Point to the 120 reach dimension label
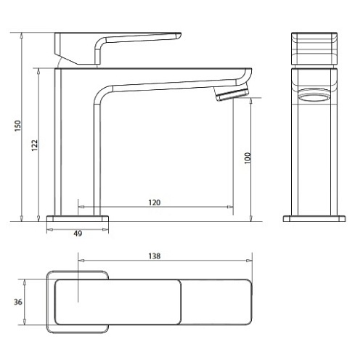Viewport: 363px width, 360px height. pyautogui.click(x=154, y=202)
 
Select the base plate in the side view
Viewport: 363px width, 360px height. pyautogui.click(x=78, y=217)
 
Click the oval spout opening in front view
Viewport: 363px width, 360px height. pyautogui.click(x=314, y=96)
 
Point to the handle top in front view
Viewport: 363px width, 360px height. pyautogui.click(x=314, y=48)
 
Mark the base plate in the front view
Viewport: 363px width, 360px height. pyautogui.click(x=314, y=217)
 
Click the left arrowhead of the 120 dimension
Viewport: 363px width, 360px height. pyautogui.click(x=79, y=207)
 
